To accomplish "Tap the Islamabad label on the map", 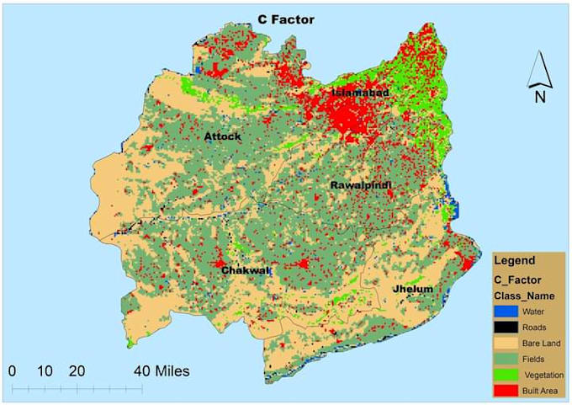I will click(361, 92).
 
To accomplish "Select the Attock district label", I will click(223, 136).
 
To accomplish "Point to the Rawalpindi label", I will click(361, 184).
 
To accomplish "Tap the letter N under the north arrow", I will click(539, 97).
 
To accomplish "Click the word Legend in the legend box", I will click(514, 261).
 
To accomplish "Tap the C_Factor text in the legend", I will click(517, 279).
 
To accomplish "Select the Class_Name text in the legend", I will click(522, 296).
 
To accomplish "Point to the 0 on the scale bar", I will click(12, 370).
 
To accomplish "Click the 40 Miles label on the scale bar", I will click(162, 370).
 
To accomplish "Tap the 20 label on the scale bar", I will click(77, 370).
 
